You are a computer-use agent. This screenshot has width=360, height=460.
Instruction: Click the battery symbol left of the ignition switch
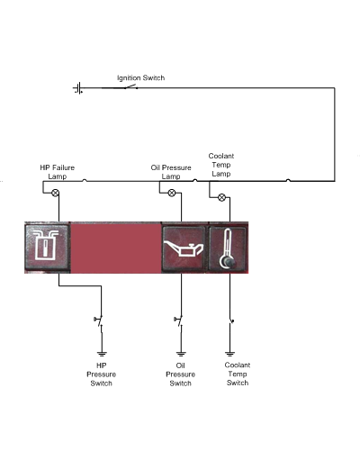(x=77, y=88)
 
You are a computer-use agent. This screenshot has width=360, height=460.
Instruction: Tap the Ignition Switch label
(x=140, y=78)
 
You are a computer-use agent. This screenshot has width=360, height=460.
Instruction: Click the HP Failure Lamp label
(x=57, y=172)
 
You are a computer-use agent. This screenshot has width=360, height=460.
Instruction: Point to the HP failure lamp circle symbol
(x=55, y=193)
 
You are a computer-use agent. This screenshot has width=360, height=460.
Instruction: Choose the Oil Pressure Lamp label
(x=171, y=172)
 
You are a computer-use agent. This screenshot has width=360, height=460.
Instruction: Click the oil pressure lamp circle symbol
(x=172, y=193)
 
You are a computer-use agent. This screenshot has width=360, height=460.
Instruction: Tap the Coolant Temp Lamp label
(x=221, y=165)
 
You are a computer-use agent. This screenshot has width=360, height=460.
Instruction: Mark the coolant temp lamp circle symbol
(x=221, y=197)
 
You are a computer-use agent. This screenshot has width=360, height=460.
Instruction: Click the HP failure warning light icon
(x=47, y=247)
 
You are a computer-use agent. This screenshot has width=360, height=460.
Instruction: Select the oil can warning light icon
(x=184, y=248)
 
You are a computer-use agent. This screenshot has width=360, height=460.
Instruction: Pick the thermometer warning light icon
(x=228, y=248)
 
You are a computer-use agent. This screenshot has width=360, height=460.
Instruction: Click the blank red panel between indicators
(x=116, y=248)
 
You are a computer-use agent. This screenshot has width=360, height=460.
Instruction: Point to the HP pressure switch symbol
(x=100, y=321)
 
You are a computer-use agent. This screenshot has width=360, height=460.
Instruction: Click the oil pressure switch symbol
(x=179, y=321)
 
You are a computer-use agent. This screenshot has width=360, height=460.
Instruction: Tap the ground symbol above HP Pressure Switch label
(x=102, y=354)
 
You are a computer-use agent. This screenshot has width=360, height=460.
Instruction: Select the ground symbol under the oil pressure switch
(x=181, y=354)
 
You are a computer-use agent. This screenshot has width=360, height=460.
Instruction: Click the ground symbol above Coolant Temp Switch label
(x=229, y=354)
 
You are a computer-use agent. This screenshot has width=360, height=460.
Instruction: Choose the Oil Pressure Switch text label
(x=180, y=374)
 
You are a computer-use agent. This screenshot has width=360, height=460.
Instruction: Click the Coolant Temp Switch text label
(x=238, y=374)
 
